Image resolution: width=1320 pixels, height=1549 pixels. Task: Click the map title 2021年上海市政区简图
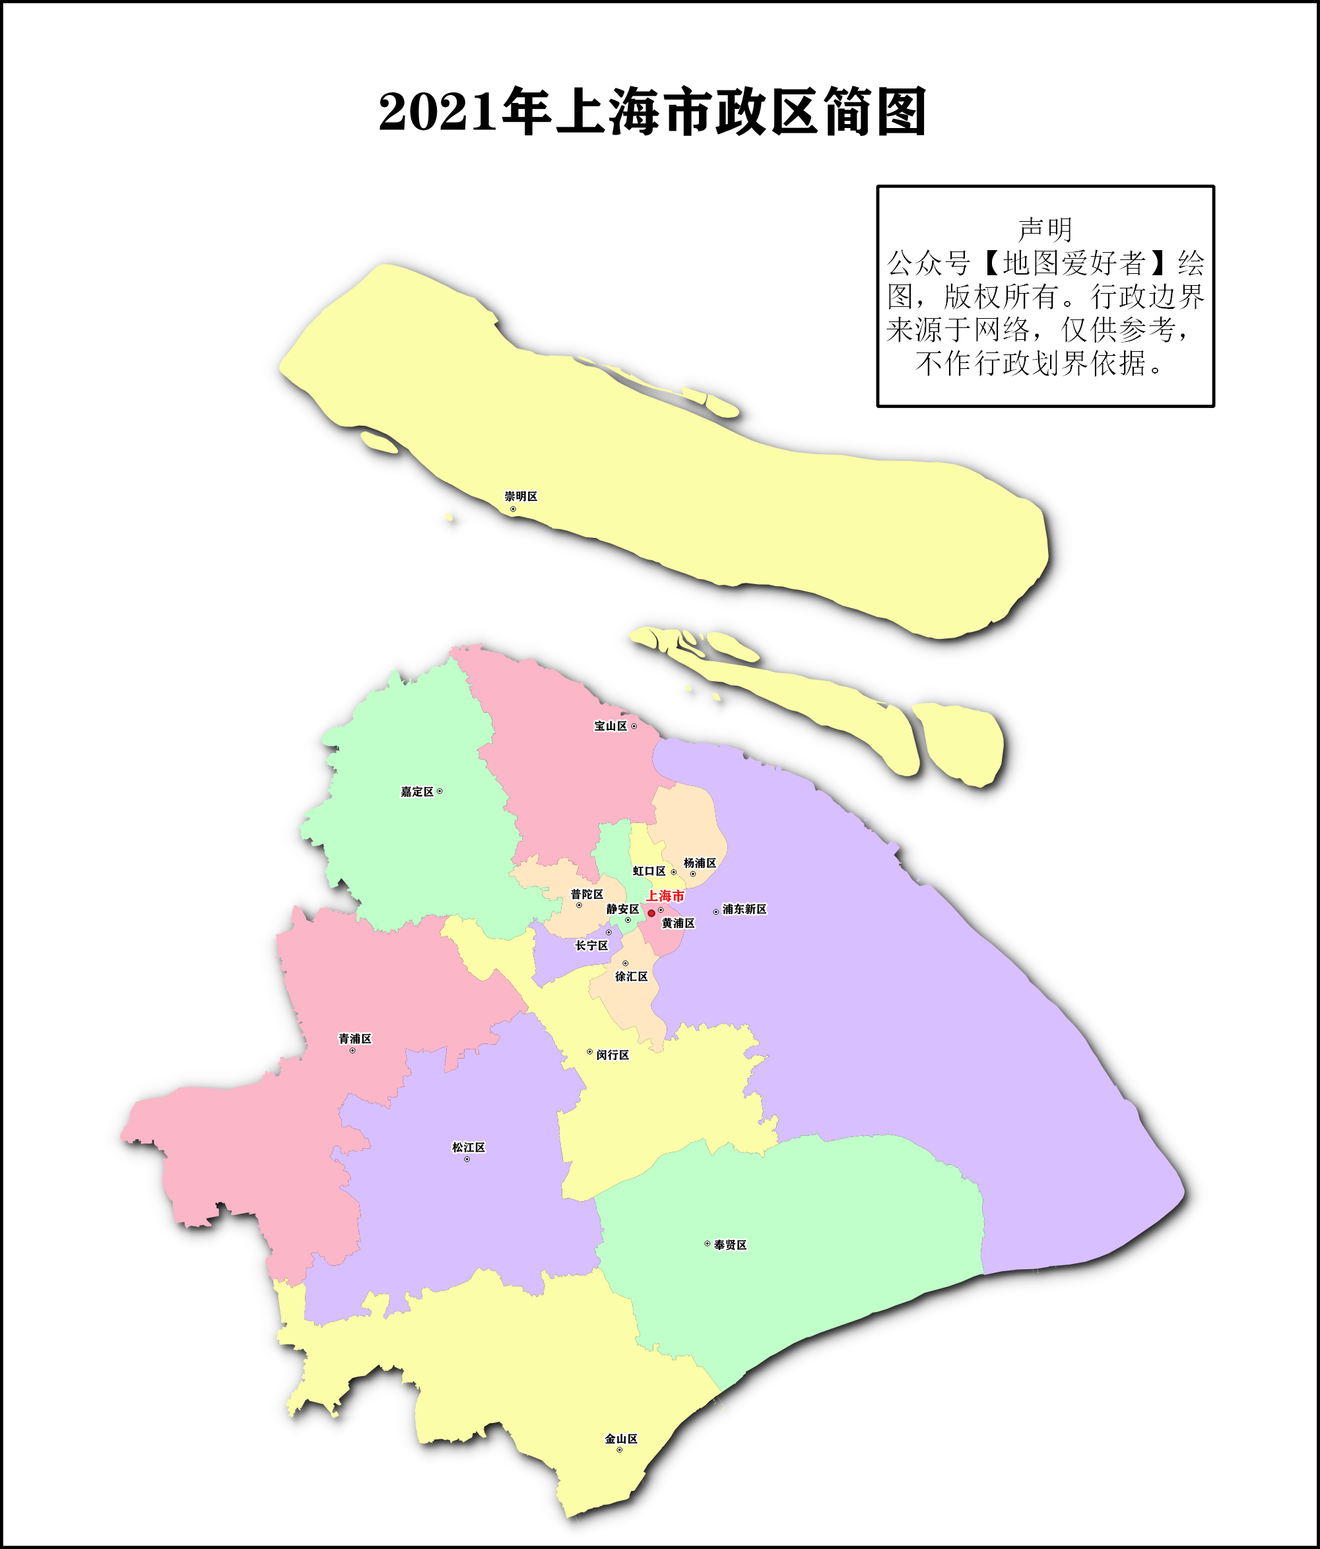point(653,112)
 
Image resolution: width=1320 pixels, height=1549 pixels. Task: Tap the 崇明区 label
point(521,496)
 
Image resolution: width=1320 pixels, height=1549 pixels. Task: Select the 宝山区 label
point(610,726)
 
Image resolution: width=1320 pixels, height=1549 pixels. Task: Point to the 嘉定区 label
point(417,792)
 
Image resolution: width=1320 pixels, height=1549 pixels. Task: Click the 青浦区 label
point(355,1038)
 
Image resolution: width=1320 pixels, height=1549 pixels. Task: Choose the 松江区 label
point(469,1148)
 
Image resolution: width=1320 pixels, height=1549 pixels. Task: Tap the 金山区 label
point(621,1439)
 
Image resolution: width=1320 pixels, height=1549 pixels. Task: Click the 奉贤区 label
point(730,1245)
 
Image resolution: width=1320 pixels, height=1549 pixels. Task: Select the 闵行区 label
point(613,1055)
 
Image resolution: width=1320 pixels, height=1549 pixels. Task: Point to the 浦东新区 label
point(744,909)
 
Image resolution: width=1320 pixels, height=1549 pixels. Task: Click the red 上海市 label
point(665,896)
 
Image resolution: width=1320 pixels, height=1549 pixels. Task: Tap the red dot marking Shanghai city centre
point(651,913)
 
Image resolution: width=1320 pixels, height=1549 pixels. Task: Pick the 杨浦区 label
point(700,863)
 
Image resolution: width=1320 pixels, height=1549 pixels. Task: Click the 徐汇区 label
point(632,976)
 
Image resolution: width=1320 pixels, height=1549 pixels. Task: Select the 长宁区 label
point(591,946)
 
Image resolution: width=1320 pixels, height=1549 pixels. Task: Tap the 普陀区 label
point(587,894)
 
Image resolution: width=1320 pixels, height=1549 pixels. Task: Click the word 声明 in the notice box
point(1045,230)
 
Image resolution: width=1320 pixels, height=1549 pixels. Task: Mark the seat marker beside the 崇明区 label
point(513,509)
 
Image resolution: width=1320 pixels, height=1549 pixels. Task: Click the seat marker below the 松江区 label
point(467,1160)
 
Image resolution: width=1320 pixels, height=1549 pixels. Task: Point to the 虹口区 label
point(649,871)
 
